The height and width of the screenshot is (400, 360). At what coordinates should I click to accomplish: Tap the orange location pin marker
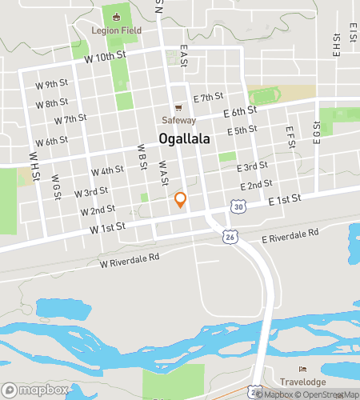pyautogui.click(x=181, y=200)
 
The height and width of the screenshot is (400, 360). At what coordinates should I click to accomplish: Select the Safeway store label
pyautogui.click(x=179, y=120)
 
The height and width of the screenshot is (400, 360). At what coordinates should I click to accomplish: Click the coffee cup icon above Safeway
pyautogui.click(x=179, y=109)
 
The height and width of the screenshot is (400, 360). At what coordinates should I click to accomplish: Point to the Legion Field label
pyautogui.click(x=118, y=31)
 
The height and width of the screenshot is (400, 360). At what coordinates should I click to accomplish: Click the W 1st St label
pyautogui.click(x=108, y=228)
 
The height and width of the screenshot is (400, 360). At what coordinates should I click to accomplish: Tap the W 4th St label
pyautogui.click(x=107, y=170)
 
